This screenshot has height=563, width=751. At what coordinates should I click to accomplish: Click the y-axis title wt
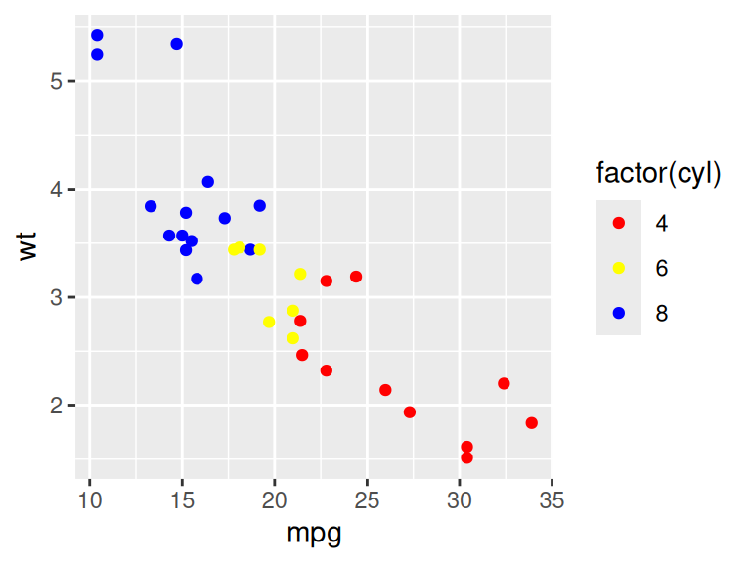[x=29, y=245]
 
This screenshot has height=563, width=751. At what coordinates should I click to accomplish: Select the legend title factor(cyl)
[x=658, y=174]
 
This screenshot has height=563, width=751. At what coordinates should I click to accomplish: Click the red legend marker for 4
[x=618, y=223]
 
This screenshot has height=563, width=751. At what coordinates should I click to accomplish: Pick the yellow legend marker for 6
[x=618, y=268]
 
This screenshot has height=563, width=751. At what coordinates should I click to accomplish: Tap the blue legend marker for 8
[x=618, y=313]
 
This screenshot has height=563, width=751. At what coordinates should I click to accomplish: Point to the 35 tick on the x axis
[x=551, y=501]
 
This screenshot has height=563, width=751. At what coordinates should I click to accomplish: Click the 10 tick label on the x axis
[x=90, y=501]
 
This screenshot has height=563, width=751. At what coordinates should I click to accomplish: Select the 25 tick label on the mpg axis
[x=367, y=501]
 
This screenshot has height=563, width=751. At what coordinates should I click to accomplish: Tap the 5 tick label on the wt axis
[x=57, y=81]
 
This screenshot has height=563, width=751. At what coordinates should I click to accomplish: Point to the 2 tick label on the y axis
[x=57, y=405]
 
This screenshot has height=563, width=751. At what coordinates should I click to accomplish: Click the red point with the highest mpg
[x=531, y=423]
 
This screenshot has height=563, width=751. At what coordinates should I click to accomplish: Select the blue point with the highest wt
[x=97, y=35]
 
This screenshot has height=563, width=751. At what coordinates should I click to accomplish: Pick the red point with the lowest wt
[x=466, y=457]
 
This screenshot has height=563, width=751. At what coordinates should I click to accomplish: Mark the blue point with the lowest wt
[x=197, y=279]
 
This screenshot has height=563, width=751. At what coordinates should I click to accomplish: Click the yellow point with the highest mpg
[x=300, y=274]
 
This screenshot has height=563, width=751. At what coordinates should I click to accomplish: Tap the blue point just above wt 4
[x=207, y=182]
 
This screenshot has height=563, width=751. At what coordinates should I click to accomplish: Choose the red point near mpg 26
[x=385, y=390]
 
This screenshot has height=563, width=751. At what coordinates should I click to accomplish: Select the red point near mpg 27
[x=409, y=412]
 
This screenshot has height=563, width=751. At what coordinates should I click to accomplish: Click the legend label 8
[x=662, y=313]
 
